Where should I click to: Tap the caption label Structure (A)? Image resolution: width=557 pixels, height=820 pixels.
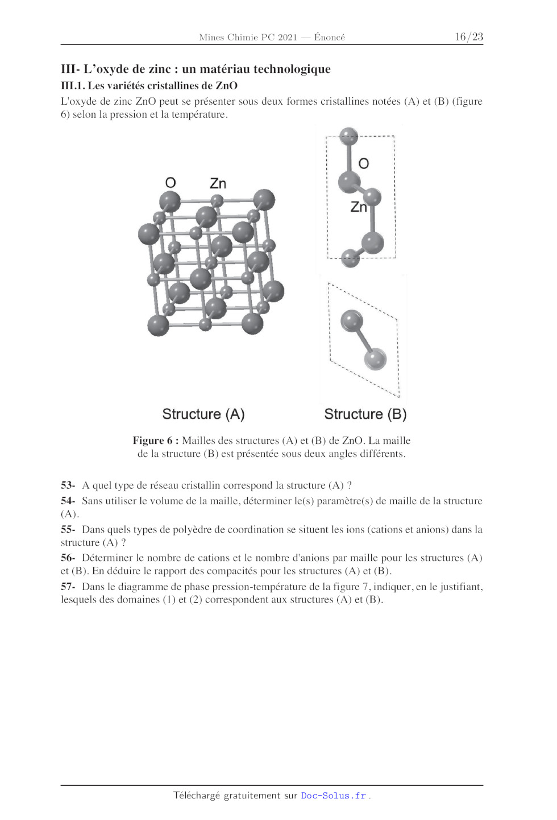tap(203, 414)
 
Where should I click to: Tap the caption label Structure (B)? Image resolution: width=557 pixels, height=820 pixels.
tap(365, 414)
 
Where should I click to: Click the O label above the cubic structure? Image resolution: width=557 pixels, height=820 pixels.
tap(171, 183)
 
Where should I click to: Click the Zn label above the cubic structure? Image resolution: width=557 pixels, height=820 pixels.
tap(218, 183)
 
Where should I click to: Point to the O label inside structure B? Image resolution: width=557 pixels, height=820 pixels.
tap(364, 164)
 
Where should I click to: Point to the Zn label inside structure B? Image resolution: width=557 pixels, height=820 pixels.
tap(359, 207)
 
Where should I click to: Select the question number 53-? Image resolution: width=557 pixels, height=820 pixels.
tap(68, 485)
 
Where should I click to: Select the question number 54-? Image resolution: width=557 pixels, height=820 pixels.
tap(68, 501)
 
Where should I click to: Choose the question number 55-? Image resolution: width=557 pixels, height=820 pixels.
tap(68, 529)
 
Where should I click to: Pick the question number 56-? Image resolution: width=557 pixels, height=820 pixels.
tap(68, 558)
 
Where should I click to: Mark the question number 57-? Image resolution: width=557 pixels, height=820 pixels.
tap(68, 586)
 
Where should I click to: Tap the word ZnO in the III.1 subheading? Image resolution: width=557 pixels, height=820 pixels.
tap(226, 86)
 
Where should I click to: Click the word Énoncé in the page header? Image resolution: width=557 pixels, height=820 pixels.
tap(330, 38)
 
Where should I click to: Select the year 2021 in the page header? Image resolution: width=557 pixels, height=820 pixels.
tap(287, 38)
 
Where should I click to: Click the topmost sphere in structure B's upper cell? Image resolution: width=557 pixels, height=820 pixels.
tap(348, 136)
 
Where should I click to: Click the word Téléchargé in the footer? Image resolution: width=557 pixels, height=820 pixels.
tap(196, 796)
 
